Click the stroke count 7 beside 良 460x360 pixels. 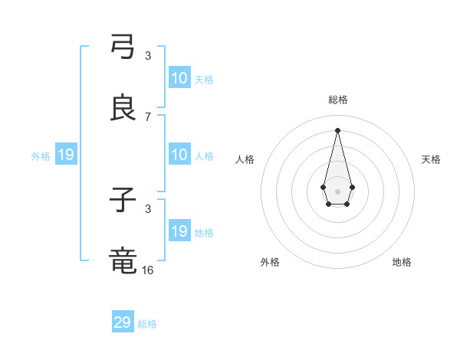(148, 116)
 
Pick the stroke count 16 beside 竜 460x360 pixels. (148, 270)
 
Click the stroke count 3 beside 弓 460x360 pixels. (148, 55)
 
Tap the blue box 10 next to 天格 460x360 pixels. (179, 78)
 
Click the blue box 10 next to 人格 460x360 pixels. (179, 155)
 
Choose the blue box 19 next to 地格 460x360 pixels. (179, 231)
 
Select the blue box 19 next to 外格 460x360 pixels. (66, 155)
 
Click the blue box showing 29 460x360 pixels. (123, 322)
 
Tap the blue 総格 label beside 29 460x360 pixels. (147, 324)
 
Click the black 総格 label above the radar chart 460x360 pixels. (337, 100)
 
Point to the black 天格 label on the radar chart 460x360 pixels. (431, 159)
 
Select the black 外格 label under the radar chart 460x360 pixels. (270, 262)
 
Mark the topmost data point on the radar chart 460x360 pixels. (337, 130)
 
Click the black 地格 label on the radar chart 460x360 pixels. (402, 262)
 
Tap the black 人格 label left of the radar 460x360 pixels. (245, 159)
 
